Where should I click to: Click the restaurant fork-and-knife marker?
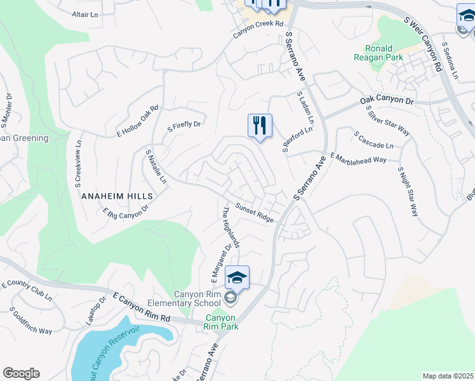coord(260,125)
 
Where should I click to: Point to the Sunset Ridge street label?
coord(255,213)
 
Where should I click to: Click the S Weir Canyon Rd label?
coord(422,43)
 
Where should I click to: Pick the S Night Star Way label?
coord(408,192)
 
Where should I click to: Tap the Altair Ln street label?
coord(85,14)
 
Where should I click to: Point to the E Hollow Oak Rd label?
coord(137,121)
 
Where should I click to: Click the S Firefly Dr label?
coord(184,125)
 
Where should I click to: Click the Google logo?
coord(21,373)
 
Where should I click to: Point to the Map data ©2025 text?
coord(448,376)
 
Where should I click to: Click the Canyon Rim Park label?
coord(221,322)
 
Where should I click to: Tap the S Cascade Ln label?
coord(374,140)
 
